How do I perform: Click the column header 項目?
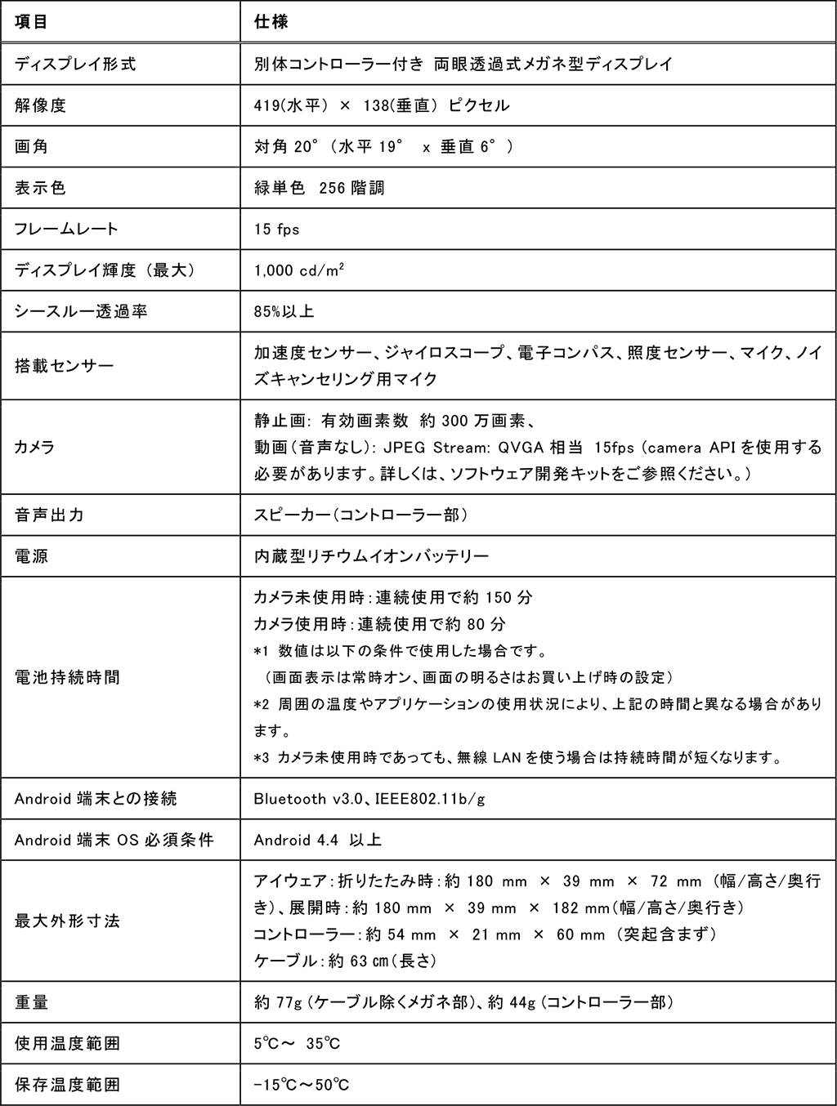(32, 21)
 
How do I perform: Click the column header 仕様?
(271, 21)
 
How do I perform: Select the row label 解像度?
(40, 105)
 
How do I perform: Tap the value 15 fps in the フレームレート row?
(277, 230)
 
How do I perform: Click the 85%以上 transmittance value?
(284, 312)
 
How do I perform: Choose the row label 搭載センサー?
(65, 366)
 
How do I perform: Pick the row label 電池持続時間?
(67, 677)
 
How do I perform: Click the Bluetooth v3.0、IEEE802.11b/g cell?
(369, 799)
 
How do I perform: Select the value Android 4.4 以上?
(318, 840)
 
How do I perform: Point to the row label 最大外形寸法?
(67, 921)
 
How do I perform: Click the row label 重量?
(32, 1002)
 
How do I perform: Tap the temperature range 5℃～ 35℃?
(298, 1044)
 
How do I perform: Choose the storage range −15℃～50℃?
(302, 1086)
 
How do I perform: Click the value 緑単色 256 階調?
(320, 189)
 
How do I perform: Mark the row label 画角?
(32, 147)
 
